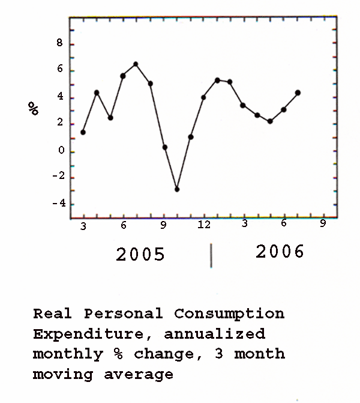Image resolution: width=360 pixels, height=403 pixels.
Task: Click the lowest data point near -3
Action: pos(177,189)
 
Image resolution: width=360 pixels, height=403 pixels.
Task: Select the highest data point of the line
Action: pos(136,64)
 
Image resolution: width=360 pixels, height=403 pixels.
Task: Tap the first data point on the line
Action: pos(83,132)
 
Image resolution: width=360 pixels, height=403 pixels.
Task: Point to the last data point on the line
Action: pos(298,92)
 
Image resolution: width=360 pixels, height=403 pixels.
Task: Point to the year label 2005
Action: pos(140,255)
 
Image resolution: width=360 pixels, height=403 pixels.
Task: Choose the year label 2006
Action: pos(280,252)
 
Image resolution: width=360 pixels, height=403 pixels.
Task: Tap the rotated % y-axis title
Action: pos(33,109)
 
